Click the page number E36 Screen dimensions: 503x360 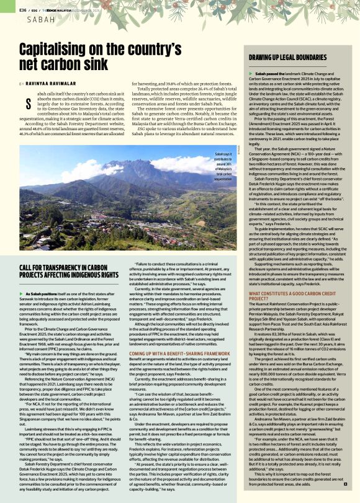click(24, 10)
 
